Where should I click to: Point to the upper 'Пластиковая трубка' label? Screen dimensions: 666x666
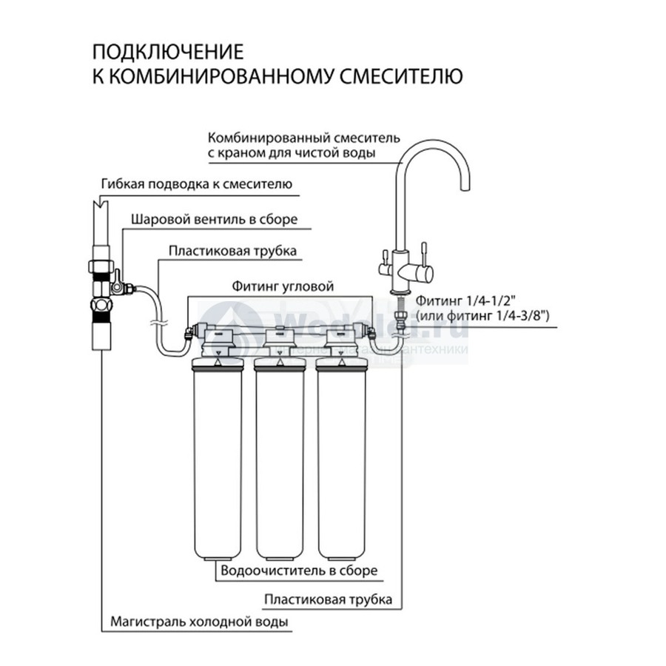pyautogui.click(x=232, y=251)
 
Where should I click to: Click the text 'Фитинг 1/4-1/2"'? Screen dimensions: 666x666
pyautogui.click(x=462, y=301)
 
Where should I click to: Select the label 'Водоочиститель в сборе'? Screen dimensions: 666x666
pyautogui.click(x=299, y=571)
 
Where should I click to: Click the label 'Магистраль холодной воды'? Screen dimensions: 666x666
pyautogui.click(x=199, y=622)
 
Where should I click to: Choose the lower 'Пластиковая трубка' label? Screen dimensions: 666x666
pyautogui.click(x=328, y=599)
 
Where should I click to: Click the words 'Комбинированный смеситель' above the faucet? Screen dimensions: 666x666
pyautogui.click(x=304, y=138)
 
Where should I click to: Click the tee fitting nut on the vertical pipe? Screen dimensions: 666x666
pyautogui.click(x=100, y=265)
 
